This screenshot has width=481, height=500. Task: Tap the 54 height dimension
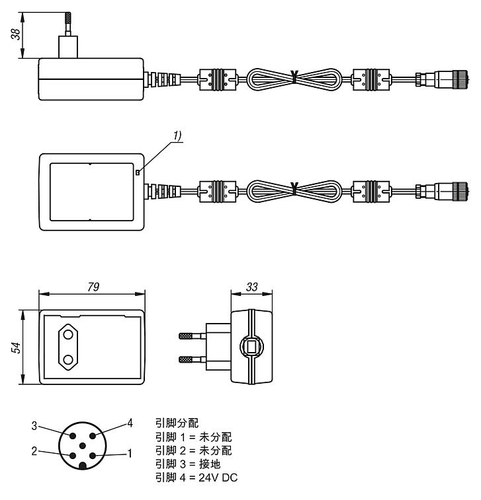[15, 348]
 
